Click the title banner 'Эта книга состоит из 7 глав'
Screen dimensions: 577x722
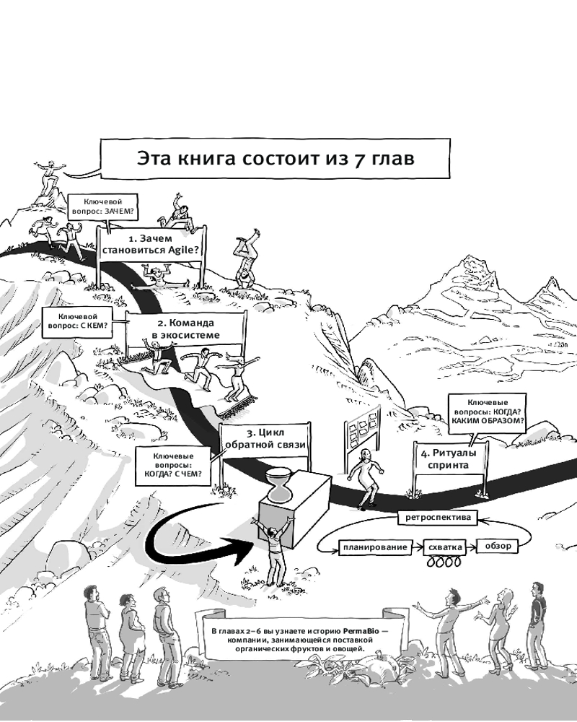click(x=275, y=158)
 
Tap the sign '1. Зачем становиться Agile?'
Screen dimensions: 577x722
click(x=152, y=245)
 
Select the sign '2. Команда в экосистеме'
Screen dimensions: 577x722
click(x=186, y=329)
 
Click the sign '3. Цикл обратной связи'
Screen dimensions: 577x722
click(x=265, y=439)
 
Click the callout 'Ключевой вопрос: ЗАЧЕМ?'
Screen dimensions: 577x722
click(x=103, y=206)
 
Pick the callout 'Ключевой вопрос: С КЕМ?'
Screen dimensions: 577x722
click(x=78, y=321)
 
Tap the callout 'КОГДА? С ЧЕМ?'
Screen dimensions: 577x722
click(x=173, y=464)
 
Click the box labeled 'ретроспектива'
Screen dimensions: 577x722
click(x=438, y=517)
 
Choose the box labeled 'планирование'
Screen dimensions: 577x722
click(x=375, y=547)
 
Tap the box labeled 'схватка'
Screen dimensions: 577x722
click(x=445, y=547)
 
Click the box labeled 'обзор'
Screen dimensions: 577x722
click(x=498, y=546)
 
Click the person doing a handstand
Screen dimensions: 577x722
click(x=245, y=260)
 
